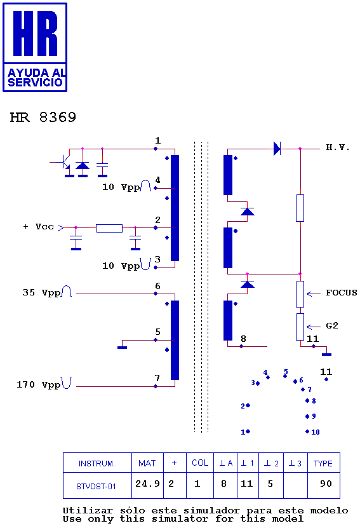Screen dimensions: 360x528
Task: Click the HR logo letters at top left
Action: [x=35, y=33]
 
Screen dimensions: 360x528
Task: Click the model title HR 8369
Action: [x=43, y=117]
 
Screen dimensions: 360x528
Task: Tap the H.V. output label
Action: [x=338, y=147]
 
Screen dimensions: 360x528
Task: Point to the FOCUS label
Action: [x=342, y=293]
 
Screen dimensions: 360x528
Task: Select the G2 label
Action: [x=332, y=325]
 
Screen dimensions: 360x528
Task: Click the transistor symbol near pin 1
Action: [x=65, y=162]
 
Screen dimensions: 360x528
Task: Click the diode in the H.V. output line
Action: [x=277, y=149]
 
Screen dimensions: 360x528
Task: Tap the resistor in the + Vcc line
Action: [x=109, y=228]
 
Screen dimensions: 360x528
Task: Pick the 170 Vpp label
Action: [x=38, y=384]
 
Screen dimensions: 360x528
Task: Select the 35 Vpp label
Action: [x=42, y=292]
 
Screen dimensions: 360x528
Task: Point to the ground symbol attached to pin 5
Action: [x=122, y=347]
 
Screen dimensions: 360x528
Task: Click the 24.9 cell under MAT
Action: [x=147, y=484]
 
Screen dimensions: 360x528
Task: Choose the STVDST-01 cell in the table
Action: [x=96, y=487]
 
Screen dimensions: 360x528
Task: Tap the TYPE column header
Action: [x=323, y=464]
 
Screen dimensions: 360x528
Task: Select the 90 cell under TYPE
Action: [x=326, y=484]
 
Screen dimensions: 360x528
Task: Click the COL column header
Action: [x=200, y=463]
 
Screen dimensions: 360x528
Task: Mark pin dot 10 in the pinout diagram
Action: [x=307, y=431]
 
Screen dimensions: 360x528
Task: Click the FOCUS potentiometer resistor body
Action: [x=300, y=294]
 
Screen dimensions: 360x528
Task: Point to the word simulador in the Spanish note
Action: [x=211, y=510]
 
